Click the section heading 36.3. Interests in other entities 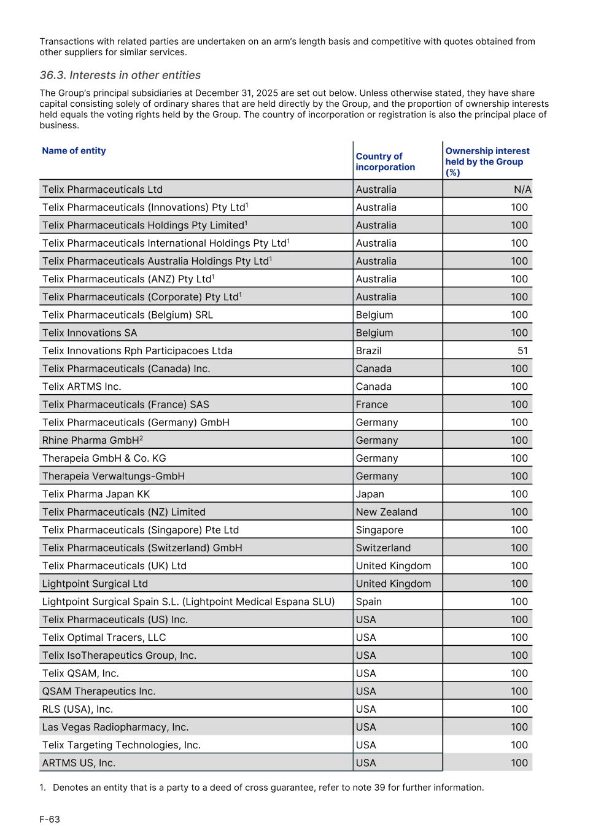120,76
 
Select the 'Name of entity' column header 74,151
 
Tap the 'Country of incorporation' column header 385,161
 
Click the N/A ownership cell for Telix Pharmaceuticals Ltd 522,190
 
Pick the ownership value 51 522,351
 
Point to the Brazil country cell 368,351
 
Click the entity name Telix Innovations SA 90,333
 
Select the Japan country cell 370,494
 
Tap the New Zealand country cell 386,512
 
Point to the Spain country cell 368,602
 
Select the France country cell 371,405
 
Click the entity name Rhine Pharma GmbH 91,441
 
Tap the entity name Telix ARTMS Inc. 82,387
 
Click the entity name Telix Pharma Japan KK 96,494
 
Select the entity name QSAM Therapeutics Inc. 99,691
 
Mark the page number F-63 50,819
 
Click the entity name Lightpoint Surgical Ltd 95,584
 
